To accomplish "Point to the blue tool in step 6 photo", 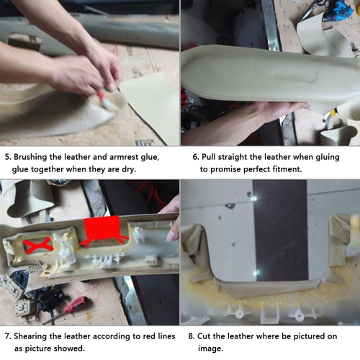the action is point(339,11).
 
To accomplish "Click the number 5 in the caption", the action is point(7,157).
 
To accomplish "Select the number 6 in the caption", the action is point(195,157).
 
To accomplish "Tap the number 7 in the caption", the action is point(7,336).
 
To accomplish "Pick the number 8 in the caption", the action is point(191,336).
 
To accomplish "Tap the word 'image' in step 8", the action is point(210,348).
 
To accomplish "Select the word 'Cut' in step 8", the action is point(204,336).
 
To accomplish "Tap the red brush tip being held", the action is point(102,96).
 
